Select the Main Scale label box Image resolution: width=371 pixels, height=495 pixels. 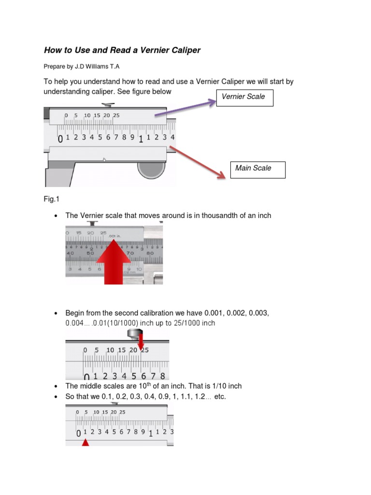pyautogui.click(x=257, y=169)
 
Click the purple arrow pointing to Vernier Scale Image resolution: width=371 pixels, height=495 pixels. pyautogui.click(x=185, y=109)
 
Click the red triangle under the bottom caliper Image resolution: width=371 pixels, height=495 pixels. pyautogui.click(x=86, y=442)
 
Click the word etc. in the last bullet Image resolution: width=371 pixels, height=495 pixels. pyautogui.click(x=220, y=397)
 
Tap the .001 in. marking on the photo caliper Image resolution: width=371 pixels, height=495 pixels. pyautogui.click(x=116, y=236)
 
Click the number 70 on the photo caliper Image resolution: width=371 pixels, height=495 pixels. pyautogui.click(x=129, y=252)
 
